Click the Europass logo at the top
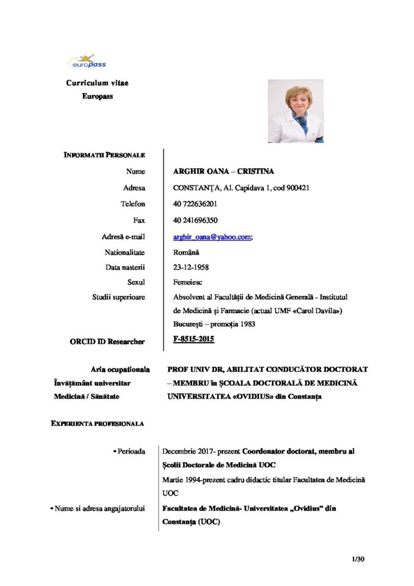[x=87, y=61]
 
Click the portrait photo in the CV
[x=295, y=111]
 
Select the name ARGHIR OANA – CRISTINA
[x=223, y=172]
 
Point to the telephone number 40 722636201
[x=195, y=204]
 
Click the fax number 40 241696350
[x=195, y=220]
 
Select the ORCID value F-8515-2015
[x=193, y=340]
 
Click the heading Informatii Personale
[x=105, y=156]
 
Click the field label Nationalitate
[x=125, y=252]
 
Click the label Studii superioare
[x=118, y=297]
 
